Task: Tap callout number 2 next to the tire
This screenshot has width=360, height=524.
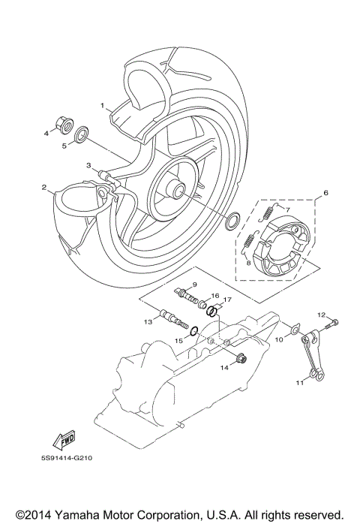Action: (44, 187)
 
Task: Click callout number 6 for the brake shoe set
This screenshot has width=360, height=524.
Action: (326, 193)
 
